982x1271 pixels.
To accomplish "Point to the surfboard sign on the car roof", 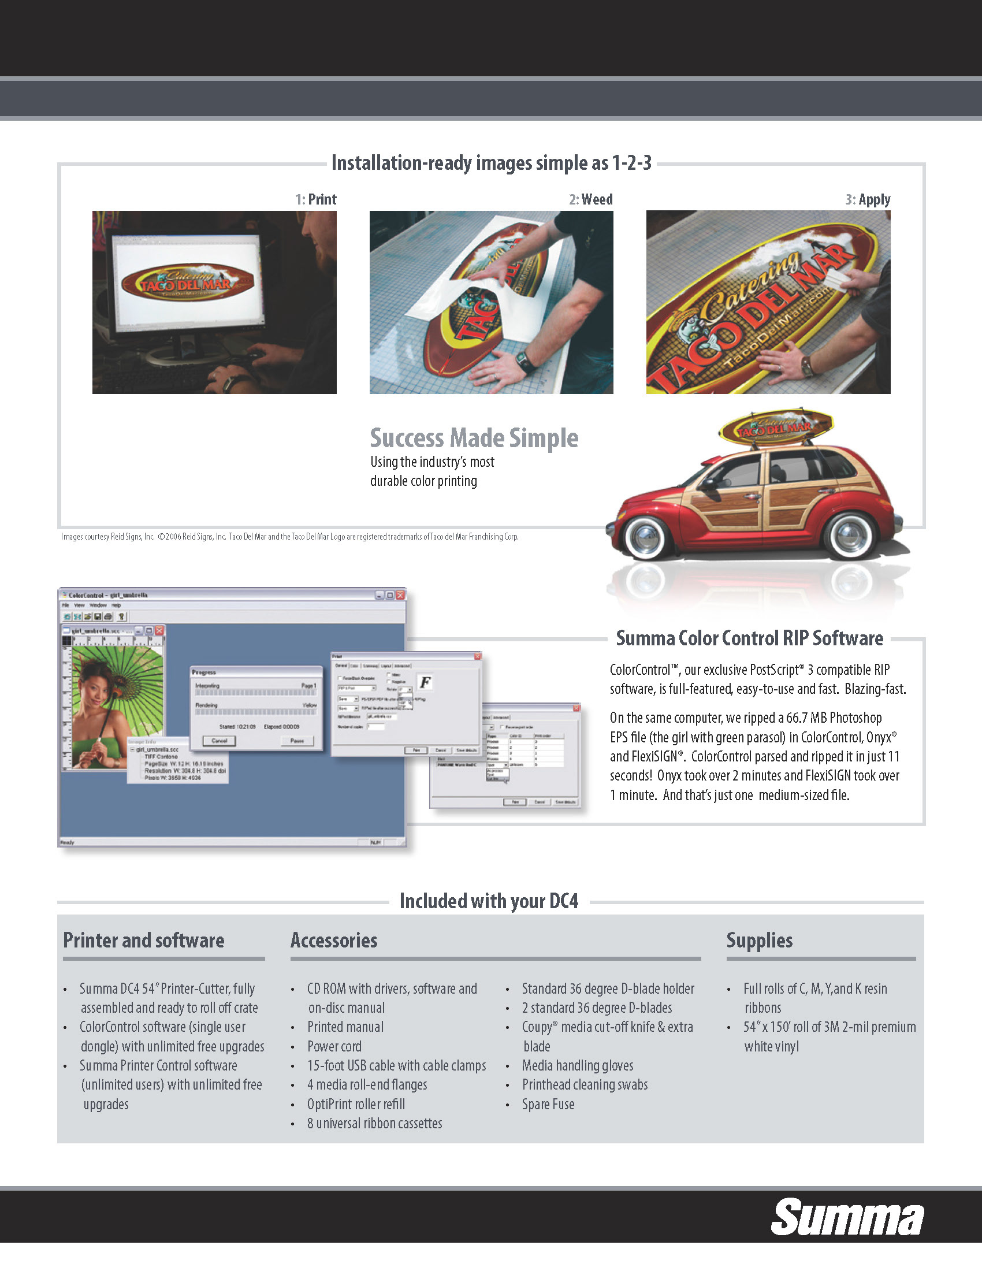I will (x=776, y=426).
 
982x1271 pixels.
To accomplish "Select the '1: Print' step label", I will (x=316, y=200).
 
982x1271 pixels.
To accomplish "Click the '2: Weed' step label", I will (x=590, y=200).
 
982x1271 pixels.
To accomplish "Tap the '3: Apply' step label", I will (x=868, y=200).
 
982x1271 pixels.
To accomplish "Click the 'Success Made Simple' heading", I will (x=474, y=438).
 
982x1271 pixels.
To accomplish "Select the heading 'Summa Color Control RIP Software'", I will (x=749, y=638).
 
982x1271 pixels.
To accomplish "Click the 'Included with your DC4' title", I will (x=489, y=901).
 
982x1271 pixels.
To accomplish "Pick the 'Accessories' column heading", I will (x=334, y=941).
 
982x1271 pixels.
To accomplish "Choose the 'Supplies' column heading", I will (x=759, y=941).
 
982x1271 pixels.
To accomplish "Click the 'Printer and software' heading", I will (x=144, y=941).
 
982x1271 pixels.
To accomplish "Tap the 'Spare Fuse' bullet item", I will (x=548, y=1104).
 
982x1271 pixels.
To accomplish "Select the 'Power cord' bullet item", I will (x=334, y=1046).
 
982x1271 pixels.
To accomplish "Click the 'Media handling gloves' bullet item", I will (x=577, y=1065).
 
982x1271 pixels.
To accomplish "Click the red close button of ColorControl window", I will (x=400, y=595).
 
